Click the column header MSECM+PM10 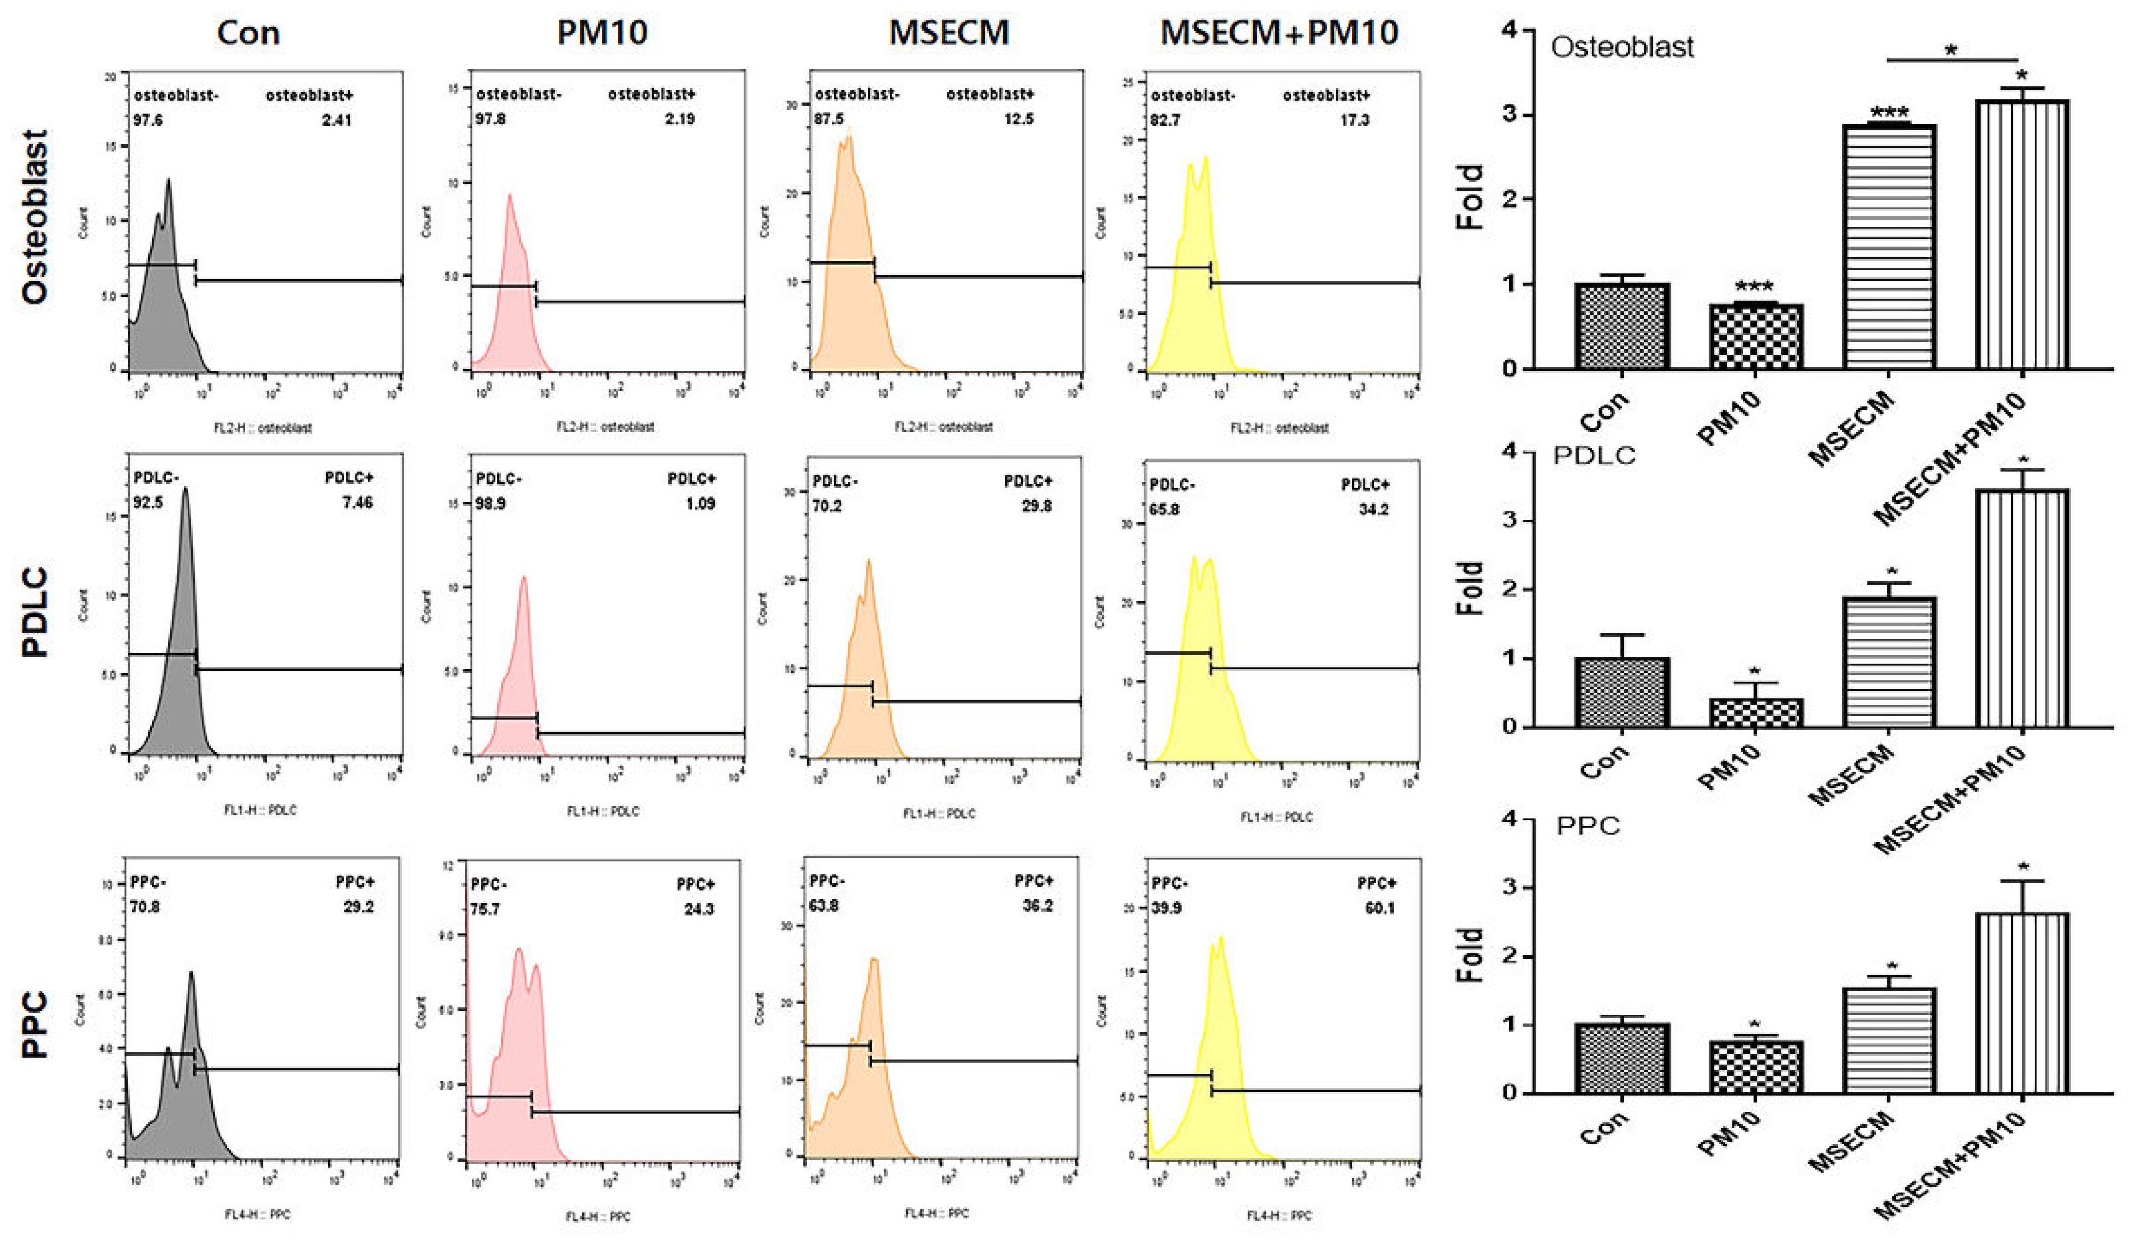click(1279, 33)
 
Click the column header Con click(248, 33)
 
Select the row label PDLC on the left click(35, 612)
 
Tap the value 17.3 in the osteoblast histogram click(1354, 120)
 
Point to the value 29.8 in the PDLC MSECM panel click(1037, 506)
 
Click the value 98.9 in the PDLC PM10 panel click(491, 504)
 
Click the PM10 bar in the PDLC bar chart click(1755, 712)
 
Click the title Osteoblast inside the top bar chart click(1621, 47)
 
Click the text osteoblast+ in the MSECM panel click(990, 94)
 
